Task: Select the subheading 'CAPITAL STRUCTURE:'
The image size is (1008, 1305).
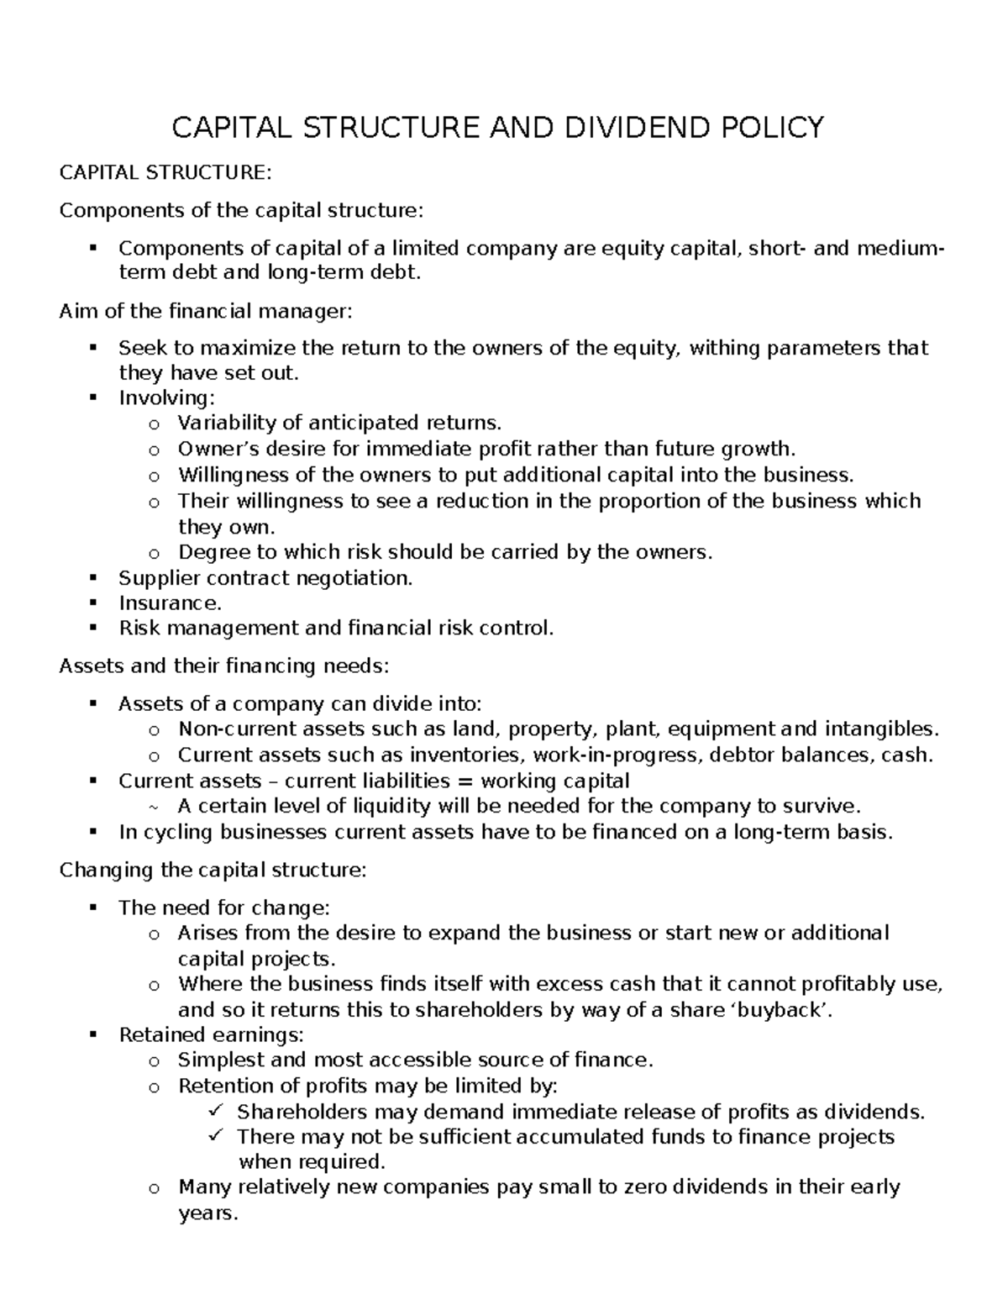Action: click(165, 173)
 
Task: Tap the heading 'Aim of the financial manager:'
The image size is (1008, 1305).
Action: click(207, 312)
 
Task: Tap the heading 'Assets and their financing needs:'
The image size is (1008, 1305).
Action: click(224, 666)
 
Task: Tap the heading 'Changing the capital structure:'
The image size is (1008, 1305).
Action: click(213, 870)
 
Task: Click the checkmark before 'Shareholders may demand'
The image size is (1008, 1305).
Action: click(213, 1111)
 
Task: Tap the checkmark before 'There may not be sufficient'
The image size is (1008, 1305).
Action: click(213, 1136)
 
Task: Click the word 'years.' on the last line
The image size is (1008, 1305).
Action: click(208, 1213)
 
